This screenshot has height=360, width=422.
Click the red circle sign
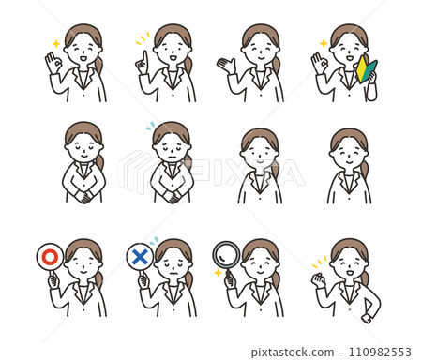[49, 255]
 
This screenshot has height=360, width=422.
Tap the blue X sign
[139, 255]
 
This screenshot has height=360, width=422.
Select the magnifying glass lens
[226, 254]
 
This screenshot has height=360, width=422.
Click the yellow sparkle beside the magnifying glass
[218, 273]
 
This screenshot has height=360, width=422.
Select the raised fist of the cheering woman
[318, 278]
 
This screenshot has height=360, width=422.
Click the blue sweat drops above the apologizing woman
[150, 125]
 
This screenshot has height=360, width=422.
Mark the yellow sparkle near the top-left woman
[55, 43]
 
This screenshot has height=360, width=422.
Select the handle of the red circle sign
[53, 276]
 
